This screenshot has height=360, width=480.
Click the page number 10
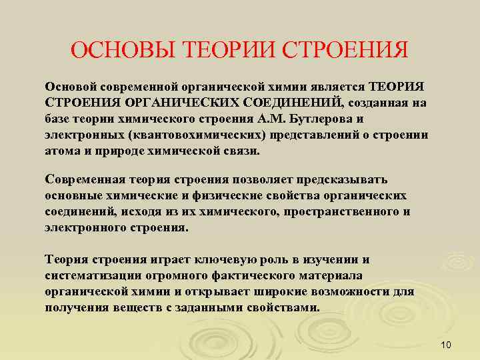coord(446,345)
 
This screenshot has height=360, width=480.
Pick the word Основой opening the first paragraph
coord(69,88)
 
